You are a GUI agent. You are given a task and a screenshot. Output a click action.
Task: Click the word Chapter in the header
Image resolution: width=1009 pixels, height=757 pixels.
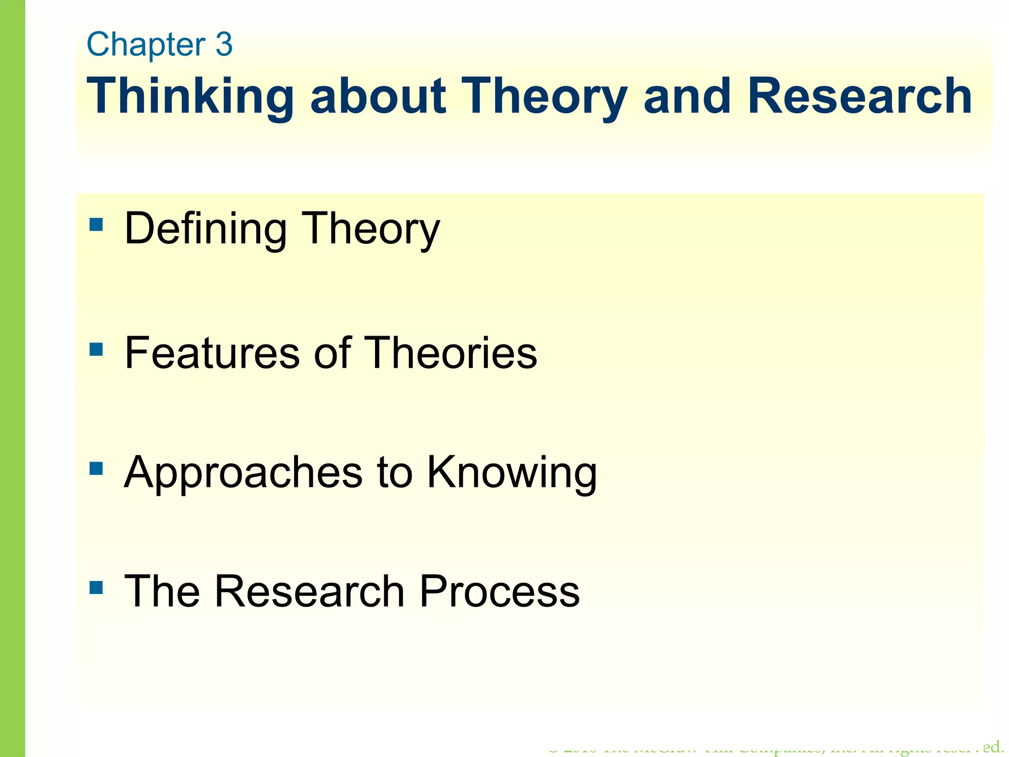click(x=146, y=44)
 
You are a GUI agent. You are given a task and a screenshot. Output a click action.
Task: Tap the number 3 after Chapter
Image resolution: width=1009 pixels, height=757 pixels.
click(x=224, y=44)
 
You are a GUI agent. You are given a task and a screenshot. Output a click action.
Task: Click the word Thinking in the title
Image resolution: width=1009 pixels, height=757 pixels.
click(x=190, y=97)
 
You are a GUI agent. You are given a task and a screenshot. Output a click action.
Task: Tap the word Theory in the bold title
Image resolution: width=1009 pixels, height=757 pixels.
click(x=545, y=97)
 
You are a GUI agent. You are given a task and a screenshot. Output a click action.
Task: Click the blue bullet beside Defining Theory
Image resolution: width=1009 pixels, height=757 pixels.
click(x=96, y=225)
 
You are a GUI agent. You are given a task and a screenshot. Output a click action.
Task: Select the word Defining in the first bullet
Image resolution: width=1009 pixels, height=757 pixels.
click(x=205, y=229)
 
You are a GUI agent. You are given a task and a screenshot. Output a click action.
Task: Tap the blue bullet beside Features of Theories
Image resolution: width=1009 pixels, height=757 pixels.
click(x=96, y=350)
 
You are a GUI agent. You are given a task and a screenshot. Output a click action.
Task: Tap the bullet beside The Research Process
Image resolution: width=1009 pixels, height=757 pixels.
click(x=96, y=587)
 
